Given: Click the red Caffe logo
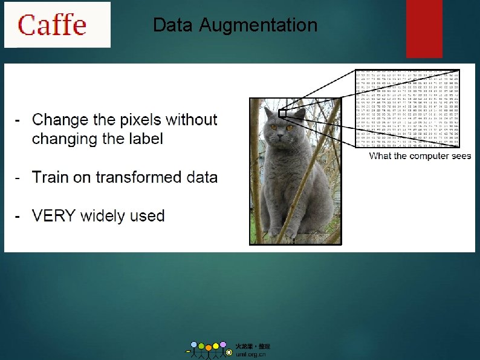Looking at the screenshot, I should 52,25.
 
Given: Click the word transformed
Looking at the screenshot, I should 137,177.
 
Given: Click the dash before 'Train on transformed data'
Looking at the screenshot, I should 19,177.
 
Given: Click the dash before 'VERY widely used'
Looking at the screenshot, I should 19,216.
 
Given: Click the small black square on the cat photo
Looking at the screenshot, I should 282,113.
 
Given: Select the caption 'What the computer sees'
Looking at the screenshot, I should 420,156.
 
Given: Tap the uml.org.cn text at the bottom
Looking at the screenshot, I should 250,355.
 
